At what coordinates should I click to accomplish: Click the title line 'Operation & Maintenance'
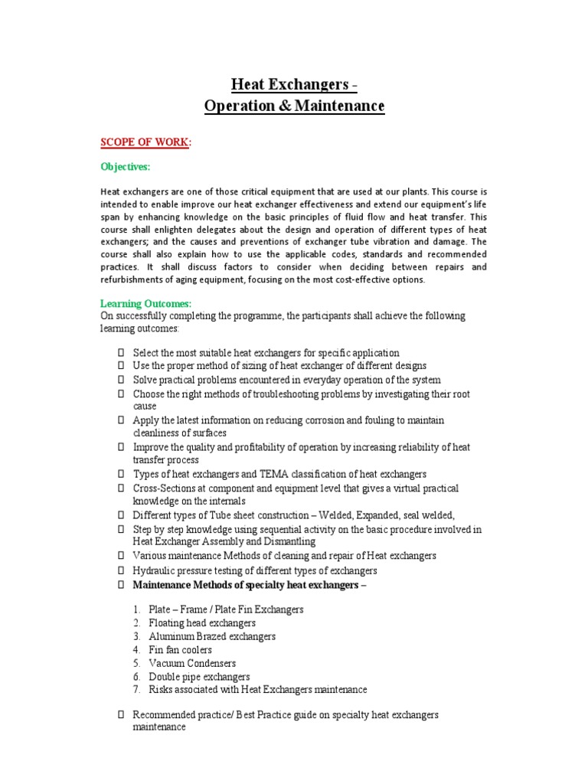click(x=295, y=106)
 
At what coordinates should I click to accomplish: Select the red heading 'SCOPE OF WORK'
click(x=144, y=142)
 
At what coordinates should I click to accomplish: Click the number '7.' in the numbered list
click(x=136, y=690)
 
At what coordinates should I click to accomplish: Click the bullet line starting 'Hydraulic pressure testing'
click(x=255, y=571)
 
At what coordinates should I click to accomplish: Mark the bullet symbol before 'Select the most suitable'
click(x=121, y=353)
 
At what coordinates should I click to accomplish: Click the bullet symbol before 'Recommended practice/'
click(x=121, y=714)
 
